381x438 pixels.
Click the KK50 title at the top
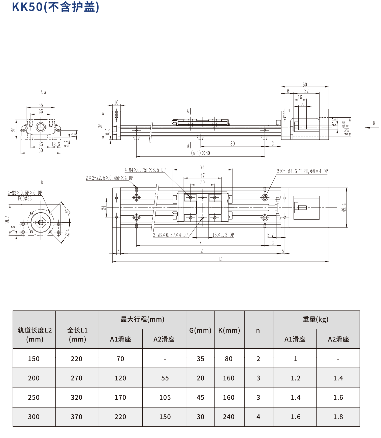pyautogui.click(x=55, y=7)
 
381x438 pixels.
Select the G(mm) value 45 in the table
pyautogui.click(x=200, y=397)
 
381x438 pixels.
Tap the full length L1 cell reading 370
pyautogui.click(x=77, y=417)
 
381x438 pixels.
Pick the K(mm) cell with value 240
pyautogui.click(x=229, y=417)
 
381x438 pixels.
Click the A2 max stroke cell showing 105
pyautogui.click(x=165, y=397)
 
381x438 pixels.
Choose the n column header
pyautogui.click(x=258, y=330)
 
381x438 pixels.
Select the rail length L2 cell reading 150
pyautogui.click(x=34, y=359)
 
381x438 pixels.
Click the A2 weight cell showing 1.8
pyautogui.click(x=338, y=417)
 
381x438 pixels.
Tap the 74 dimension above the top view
pyautogui.click(x=202, y=167)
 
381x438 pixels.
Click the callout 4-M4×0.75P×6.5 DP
pyautogui.click(x=145, y=170)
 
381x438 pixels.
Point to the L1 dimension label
pyautogui.click(x=220, y=259)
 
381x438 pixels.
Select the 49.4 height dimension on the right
pyautogui.click(x=344, y=208)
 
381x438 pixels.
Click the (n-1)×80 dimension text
pyautogui.click(x=200, y=153)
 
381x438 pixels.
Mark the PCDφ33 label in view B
pyautogui.click(x=25, y=199)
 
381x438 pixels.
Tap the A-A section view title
pyautogui.click(x=43, y=92)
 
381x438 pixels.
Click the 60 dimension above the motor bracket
pyautogui.click(x=305, y=85)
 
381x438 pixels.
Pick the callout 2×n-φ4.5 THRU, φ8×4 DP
pyautogui.click(x=302, y=171)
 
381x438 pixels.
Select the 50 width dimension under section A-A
pyautogui.click(x=41, y=150)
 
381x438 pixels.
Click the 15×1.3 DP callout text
pyautogui.click(x=223, y=235)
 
